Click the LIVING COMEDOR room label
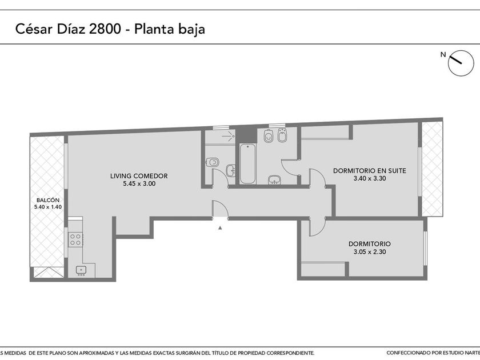139,176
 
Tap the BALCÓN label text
48,200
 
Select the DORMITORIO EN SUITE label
370,171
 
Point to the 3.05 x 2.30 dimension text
370,252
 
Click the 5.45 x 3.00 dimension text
139,183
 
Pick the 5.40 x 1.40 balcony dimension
48,207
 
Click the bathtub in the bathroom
247,164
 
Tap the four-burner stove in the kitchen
75,239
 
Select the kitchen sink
81,270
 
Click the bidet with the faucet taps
282,136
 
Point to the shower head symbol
228,135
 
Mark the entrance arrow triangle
220,228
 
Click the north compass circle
461,63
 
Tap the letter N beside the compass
443,55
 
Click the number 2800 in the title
105,29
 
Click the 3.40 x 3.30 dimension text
370,178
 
